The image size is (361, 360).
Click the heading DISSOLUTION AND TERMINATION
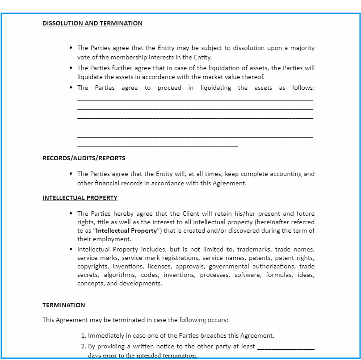92,23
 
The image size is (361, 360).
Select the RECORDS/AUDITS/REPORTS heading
84,158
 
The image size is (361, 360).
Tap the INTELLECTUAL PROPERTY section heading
80,198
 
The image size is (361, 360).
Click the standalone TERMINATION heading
64,305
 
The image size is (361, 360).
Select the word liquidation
211,68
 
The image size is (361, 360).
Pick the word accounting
286,174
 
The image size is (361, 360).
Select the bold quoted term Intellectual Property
126,231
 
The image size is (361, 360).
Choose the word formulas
280,275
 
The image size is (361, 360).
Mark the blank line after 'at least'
286,347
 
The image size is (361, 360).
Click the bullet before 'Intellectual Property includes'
71,249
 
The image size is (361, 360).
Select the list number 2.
83,346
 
